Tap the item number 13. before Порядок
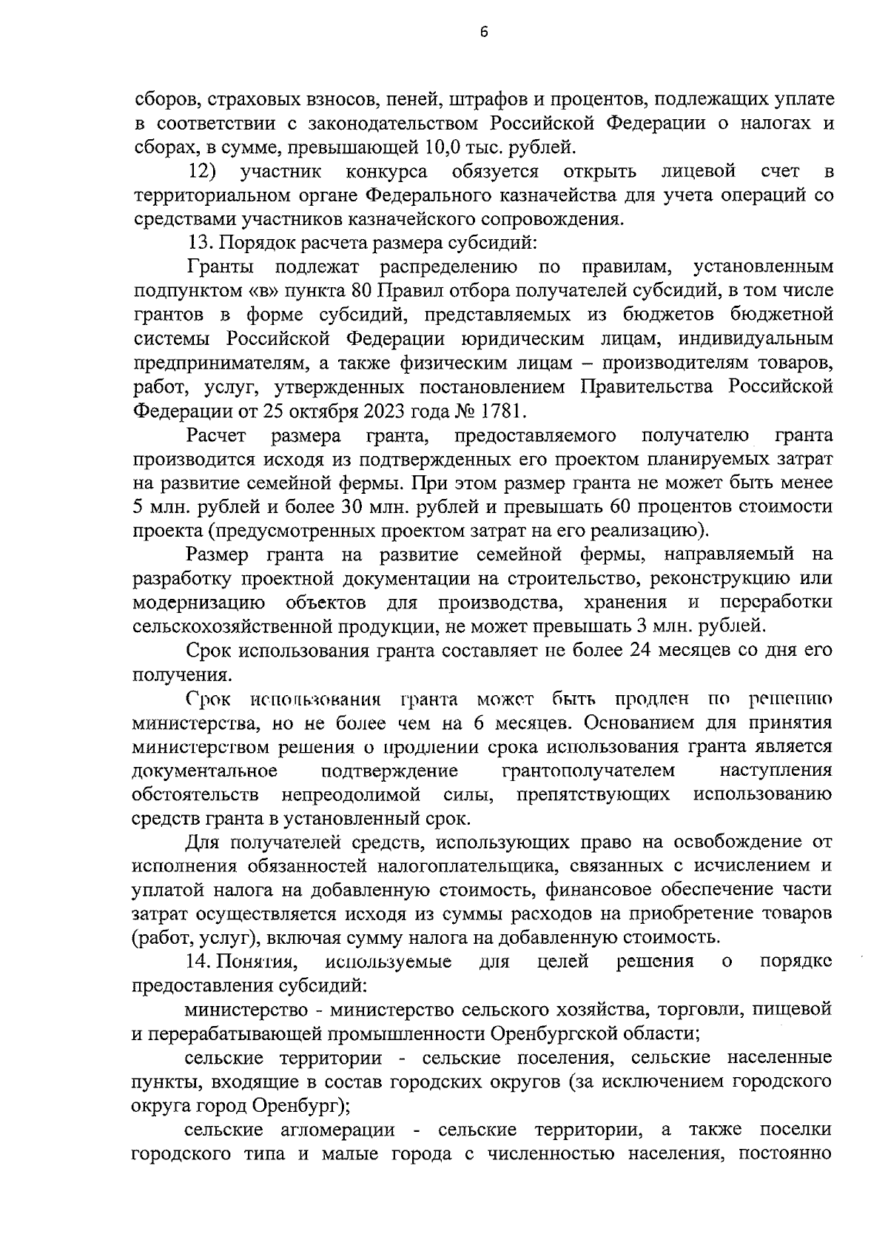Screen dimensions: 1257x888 pyautogui.click(x=199, y=243)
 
